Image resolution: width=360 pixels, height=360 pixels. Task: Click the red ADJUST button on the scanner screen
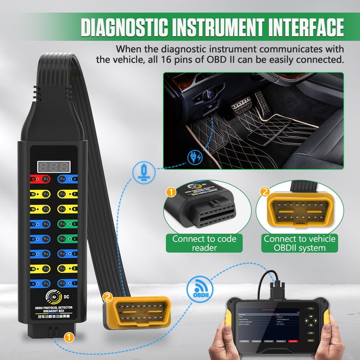(291, 342)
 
